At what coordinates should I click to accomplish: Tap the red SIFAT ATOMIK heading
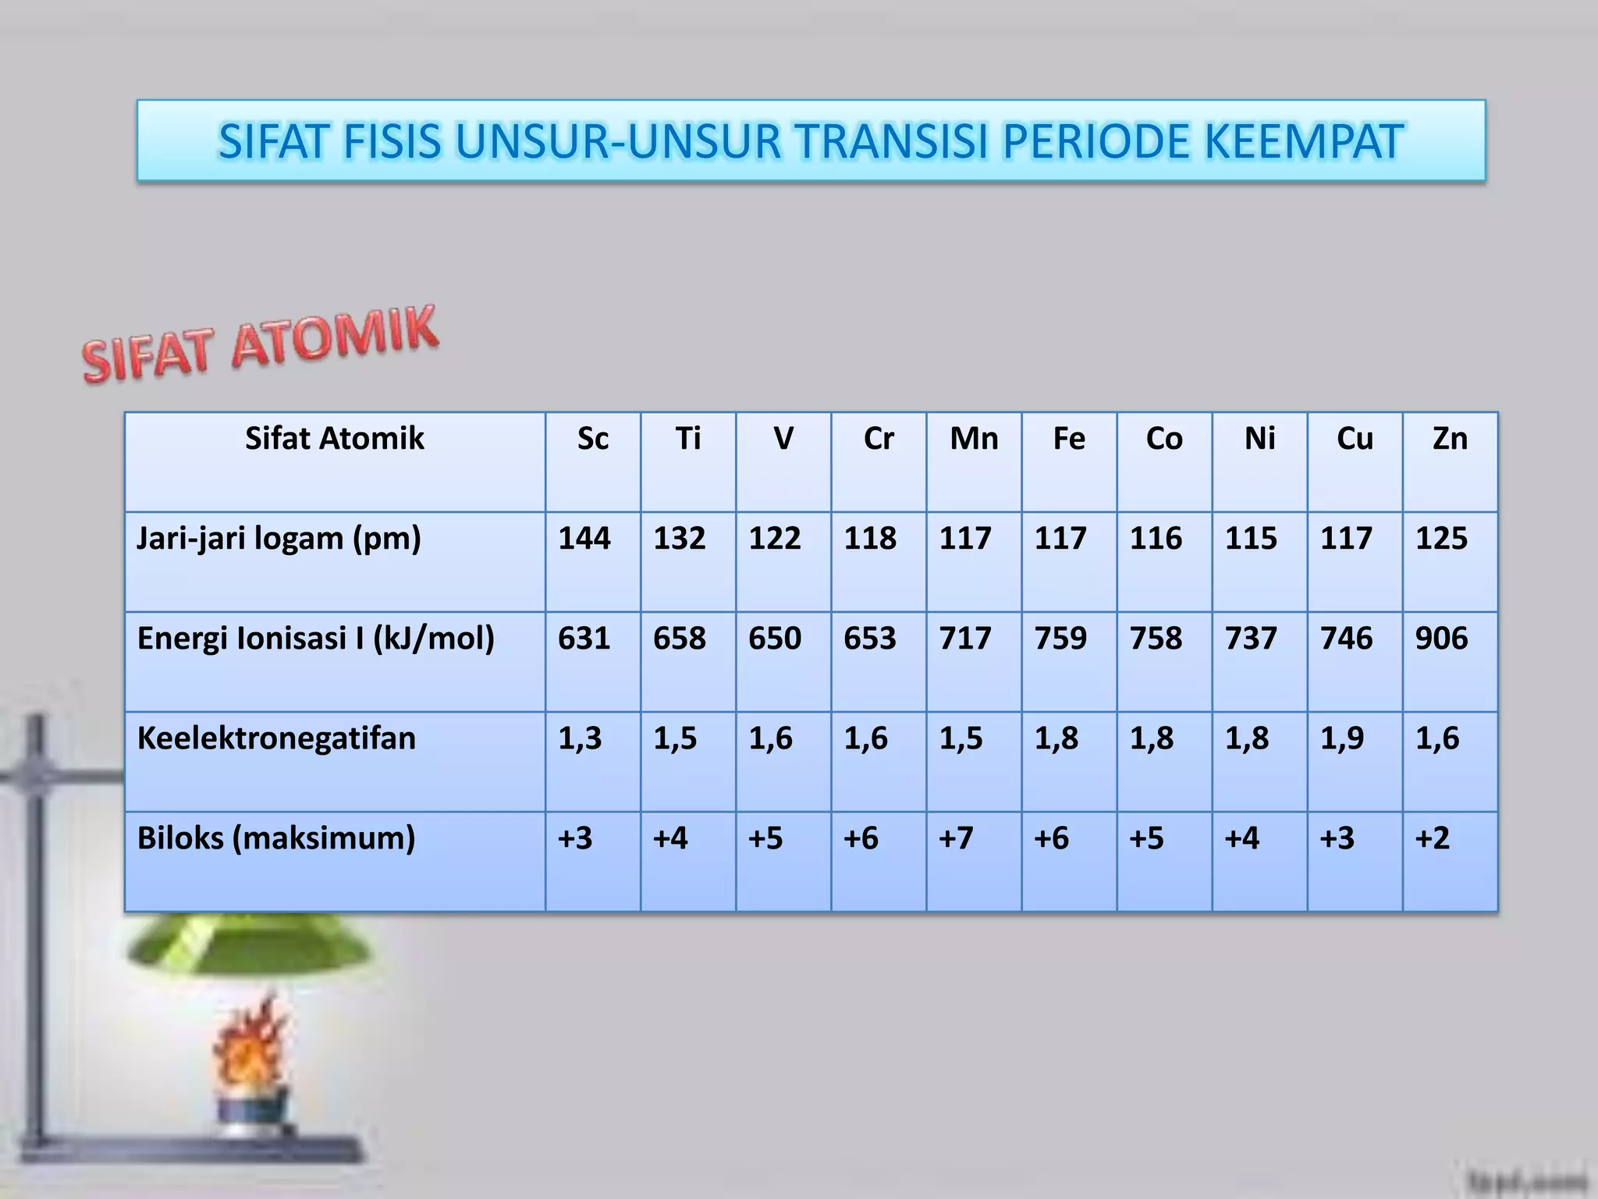260,344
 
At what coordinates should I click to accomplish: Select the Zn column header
1450,439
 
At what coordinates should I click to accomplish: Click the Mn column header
974,439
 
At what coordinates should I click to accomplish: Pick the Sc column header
592,439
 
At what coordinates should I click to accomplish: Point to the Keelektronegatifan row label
276,738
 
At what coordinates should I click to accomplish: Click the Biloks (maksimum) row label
276,838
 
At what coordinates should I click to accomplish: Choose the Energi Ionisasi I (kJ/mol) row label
316,639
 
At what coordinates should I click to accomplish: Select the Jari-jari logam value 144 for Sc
584,539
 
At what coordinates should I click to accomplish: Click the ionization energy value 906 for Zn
1441,639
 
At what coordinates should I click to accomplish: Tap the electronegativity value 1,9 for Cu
1341,738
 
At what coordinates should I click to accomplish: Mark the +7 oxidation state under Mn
957,838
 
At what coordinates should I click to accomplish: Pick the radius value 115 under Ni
1251,539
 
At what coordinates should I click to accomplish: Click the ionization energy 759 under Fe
1060,639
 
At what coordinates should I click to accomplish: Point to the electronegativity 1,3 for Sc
580,738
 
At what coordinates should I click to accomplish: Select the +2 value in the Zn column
1432,838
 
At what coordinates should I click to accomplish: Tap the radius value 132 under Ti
680,539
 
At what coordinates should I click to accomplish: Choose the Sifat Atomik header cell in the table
334,439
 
